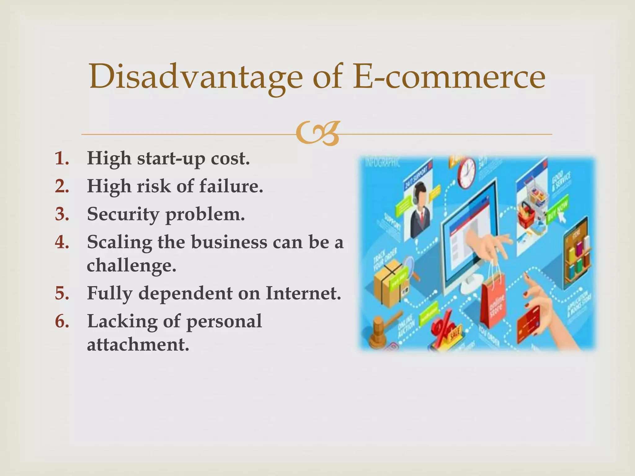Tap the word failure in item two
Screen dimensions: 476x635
(231, 186)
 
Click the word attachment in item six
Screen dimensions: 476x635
(138, 344)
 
